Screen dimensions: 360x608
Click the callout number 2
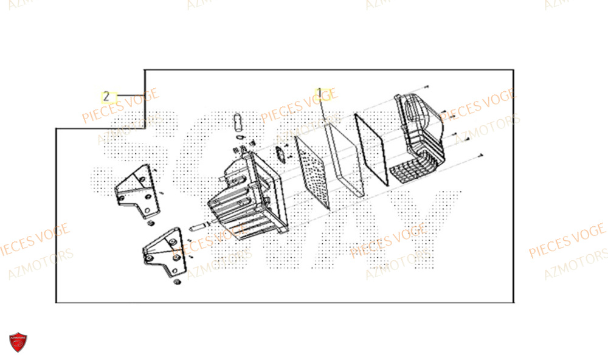pos(106,96)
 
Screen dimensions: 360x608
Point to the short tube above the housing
pos(238,121)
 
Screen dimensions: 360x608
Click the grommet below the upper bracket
pos(148,225)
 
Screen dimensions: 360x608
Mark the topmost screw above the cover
pos(429,88)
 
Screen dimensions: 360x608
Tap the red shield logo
pos(18,342)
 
